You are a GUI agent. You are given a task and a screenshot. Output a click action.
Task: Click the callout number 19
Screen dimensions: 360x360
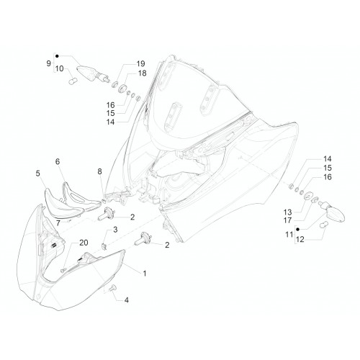[141, 64]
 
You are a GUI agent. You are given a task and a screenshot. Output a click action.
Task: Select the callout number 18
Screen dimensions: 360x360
[143, 73]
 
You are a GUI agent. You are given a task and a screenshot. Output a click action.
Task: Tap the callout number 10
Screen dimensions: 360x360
[60, 69]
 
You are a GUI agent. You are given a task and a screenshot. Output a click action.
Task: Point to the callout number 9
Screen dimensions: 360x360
[49, 63]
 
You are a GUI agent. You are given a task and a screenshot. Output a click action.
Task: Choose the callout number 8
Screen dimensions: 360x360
[99, 171]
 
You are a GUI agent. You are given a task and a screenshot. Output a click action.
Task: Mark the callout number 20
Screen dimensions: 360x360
[84, 243]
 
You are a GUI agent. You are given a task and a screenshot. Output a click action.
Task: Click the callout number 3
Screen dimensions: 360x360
[115, 230]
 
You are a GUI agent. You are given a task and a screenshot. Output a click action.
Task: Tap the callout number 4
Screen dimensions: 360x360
[127, 300]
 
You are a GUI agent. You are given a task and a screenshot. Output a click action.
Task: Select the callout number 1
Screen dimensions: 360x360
[145, 274]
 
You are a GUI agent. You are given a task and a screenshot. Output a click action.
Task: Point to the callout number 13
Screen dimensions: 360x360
[287, 212]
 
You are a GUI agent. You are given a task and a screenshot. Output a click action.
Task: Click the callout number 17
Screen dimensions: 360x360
[287, 220]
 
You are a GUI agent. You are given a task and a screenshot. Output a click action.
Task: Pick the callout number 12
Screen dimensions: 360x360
[300, 239]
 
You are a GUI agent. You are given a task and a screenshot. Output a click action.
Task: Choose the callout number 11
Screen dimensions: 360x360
[289, 234]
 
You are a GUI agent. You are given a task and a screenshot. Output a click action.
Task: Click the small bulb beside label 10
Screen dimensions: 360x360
[73, 81]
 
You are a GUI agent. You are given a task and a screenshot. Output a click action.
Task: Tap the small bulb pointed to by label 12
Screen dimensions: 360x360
[324, 225]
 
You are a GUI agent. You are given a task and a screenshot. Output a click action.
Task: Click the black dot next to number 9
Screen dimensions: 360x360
[57, 56]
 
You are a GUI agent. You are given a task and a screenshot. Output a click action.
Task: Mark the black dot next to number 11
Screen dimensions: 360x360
[297, 229]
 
